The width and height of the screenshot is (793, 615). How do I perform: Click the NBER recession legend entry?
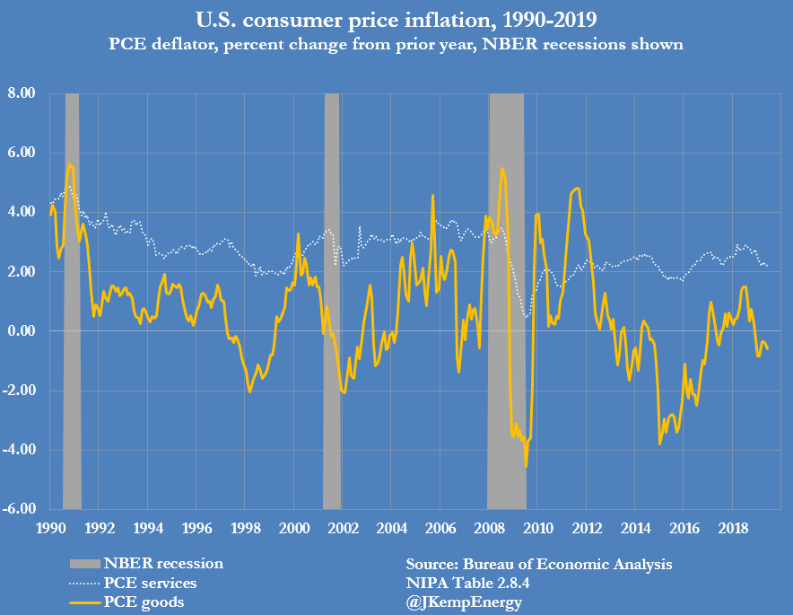coord(163,564)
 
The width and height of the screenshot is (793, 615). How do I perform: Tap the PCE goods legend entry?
coord(144,602)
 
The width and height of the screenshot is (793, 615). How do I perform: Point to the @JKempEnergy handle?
coord(463,602)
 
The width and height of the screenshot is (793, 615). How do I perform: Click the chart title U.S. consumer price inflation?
coord(396,18)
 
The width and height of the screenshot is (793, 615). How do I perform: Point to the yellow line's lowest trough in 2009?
coord(526,466)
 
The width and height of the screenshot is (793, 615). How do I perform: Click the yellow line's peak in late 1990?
coord(69,165)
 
